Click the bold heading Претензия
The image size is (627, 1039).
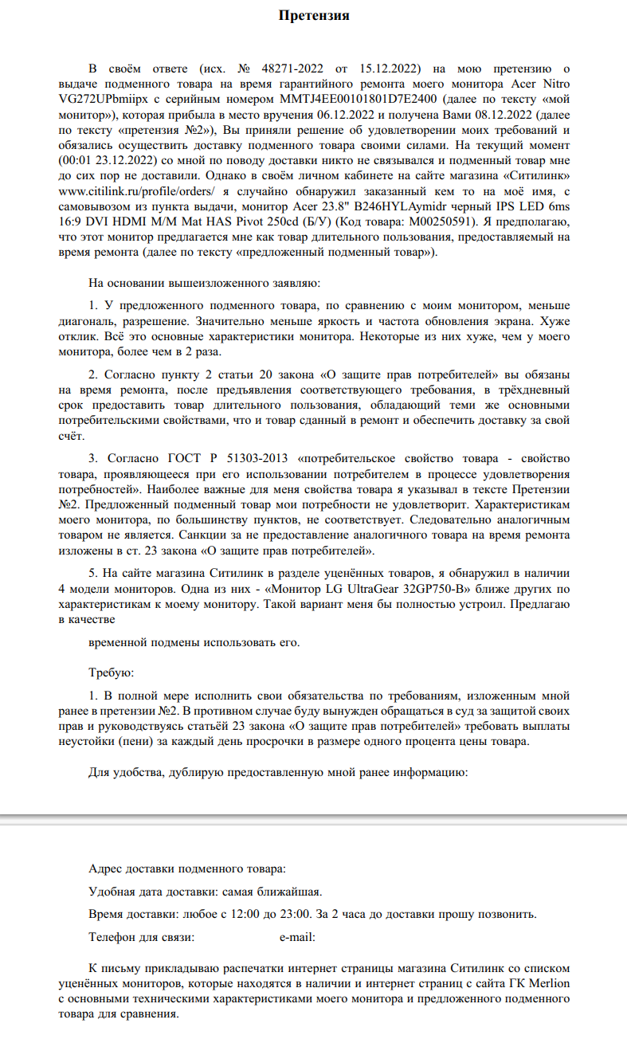tap(314, 15)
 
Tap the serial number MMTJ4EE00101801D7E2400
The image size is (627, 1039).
tap(359, 99)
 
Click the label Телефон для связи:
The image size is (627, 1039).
tap(142, 937)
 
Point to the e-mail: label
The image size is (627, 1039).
tap(296, 937)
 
